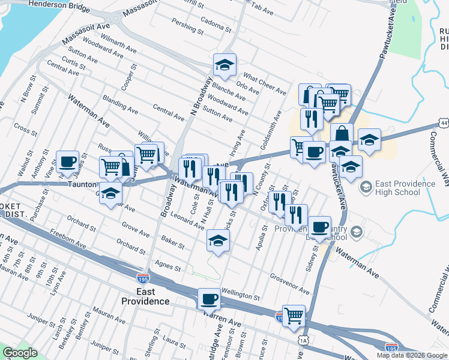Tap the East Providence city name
(145, 296)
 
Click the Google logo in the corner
(19, 353)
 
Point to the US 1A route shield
(304, 340)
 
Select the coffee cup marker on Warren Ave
(209, 298)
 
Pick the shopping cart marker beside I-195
(294, 315)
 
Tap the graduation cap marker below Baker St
(218, 241)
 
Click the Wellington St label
(240, 294)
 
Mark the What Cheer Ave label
(264, 84)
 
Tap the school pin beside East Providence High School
(365, 188)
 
